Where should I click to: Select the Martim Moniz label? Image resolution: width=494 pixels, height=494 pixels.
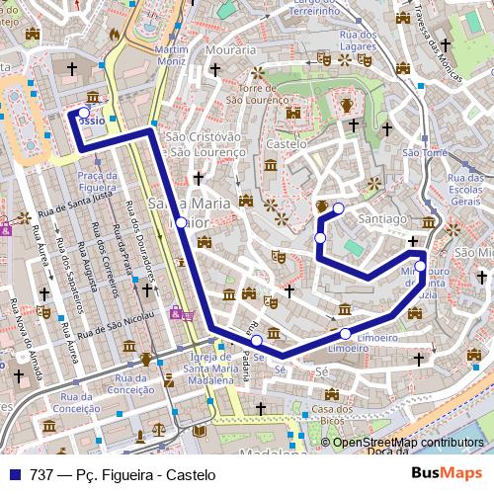coord(171,55)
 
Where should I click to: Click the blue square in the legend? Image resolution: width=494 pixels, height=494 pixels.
coord(13,474)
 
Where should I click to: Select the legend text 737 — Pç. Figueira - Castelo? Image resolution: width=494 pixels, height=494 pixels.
coord(123,474)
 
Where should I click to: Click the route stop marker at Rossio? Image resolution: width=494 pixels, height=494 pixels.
coord(83,115)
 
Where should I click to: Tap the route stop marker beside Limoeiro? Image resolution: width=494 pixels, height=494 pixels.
coord(346,333)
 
